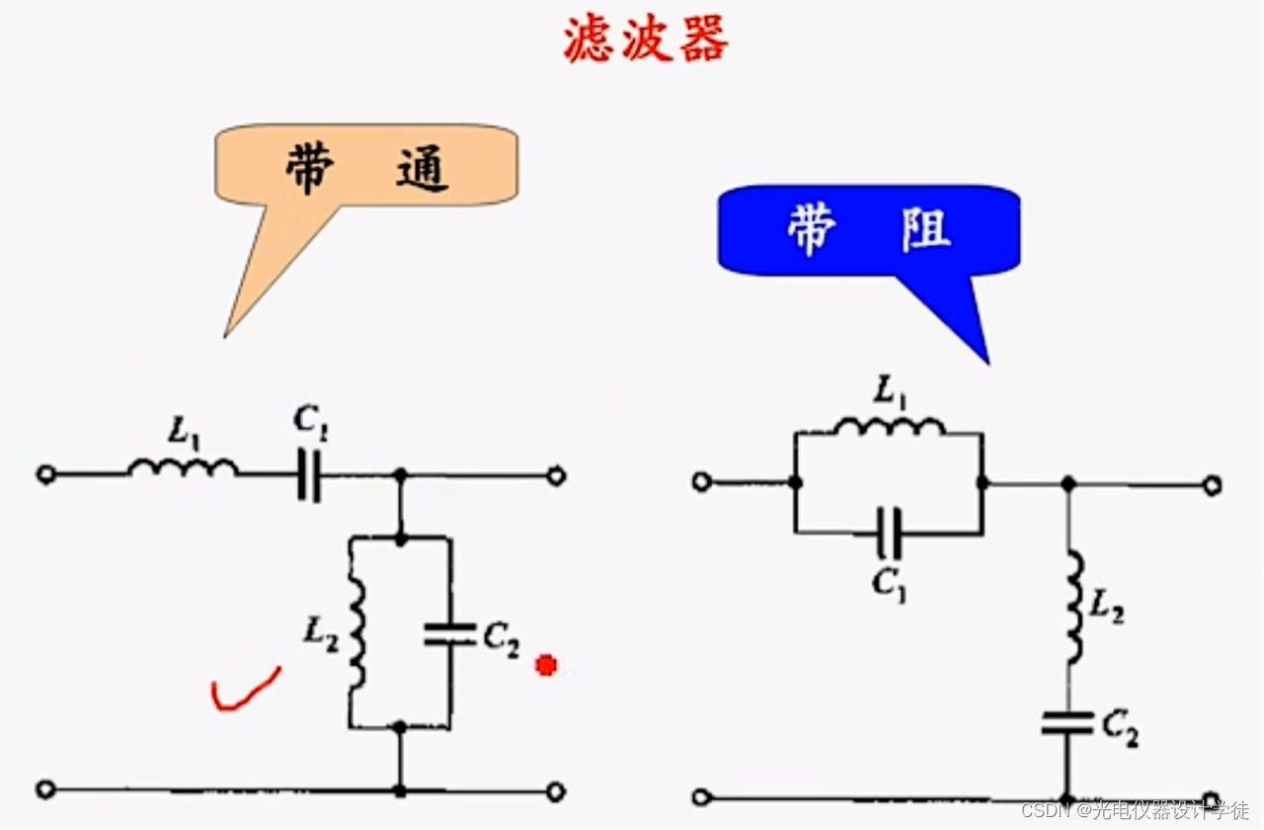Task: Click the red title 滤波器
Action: pos(646,41)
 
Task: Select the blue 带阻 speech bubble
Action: pos(869,229)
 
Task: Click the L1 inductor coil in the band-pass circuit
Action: pos(183,467)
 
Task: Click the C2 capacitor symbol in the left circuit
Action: pos(449,634)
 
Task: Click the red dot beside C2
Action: pos(545,666)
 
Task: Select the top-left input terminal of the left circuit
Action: pos(45,475)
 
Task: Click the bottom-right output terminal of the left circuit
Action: pos(556,790)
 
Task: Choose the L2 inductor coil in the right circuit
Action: pos(1072,607)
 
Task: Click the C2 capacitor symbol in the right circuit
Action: pos(1067,723)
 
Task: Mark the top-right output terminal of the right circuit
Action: pos(1213,484)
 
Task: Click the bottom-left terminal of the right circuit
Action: pos(701,796)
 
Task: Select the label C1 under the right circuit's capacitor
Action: pos(889,582)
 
